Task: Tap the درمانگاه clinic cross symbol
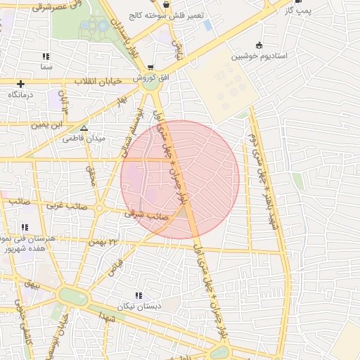[21, 84]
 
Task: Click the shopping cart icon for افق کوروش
[150, 67]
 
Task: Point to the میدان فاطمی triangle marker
[84, 129]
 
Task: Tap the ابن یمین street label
[46, 125]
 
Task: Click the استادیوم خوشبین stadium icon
[259, 44]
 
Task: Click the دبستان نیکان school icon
[139, 295]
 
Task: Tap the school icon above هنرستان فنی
[25, 227]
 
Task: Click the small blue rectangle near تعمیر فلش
[207, 25]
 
